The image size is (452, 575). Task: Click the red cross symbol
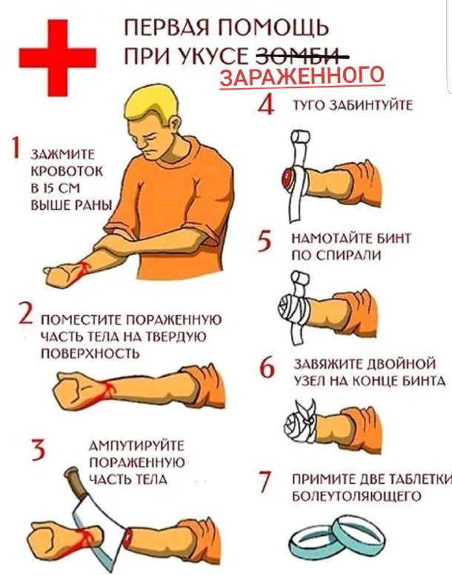point(58,57)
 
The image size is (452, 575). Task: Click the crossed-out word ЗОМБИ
point(302,57)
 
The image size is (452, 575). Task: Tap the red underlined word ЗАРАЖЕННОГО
point(302,76)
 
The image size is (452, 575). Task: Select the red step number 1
point(15,147)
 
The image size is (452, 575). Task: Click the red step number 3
point(38,450)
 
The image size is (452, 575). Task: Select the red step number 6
point(267,367)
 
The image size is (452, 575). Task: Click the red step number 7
point(265,482)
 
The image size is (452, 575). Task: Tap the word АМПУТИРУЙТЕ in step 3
point(137,446)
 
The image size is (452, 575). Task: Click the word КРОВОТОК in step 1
point(67,171)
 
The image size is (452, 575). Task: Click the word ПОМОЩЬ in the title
point(273,28)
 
